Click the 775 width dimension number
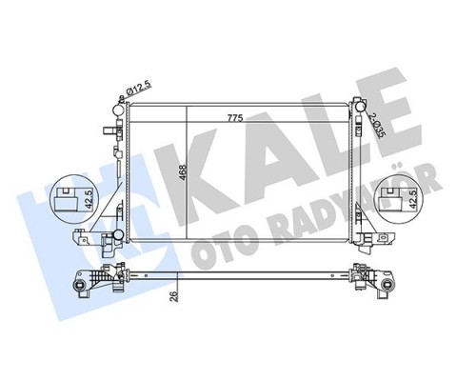click(233, 118)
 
